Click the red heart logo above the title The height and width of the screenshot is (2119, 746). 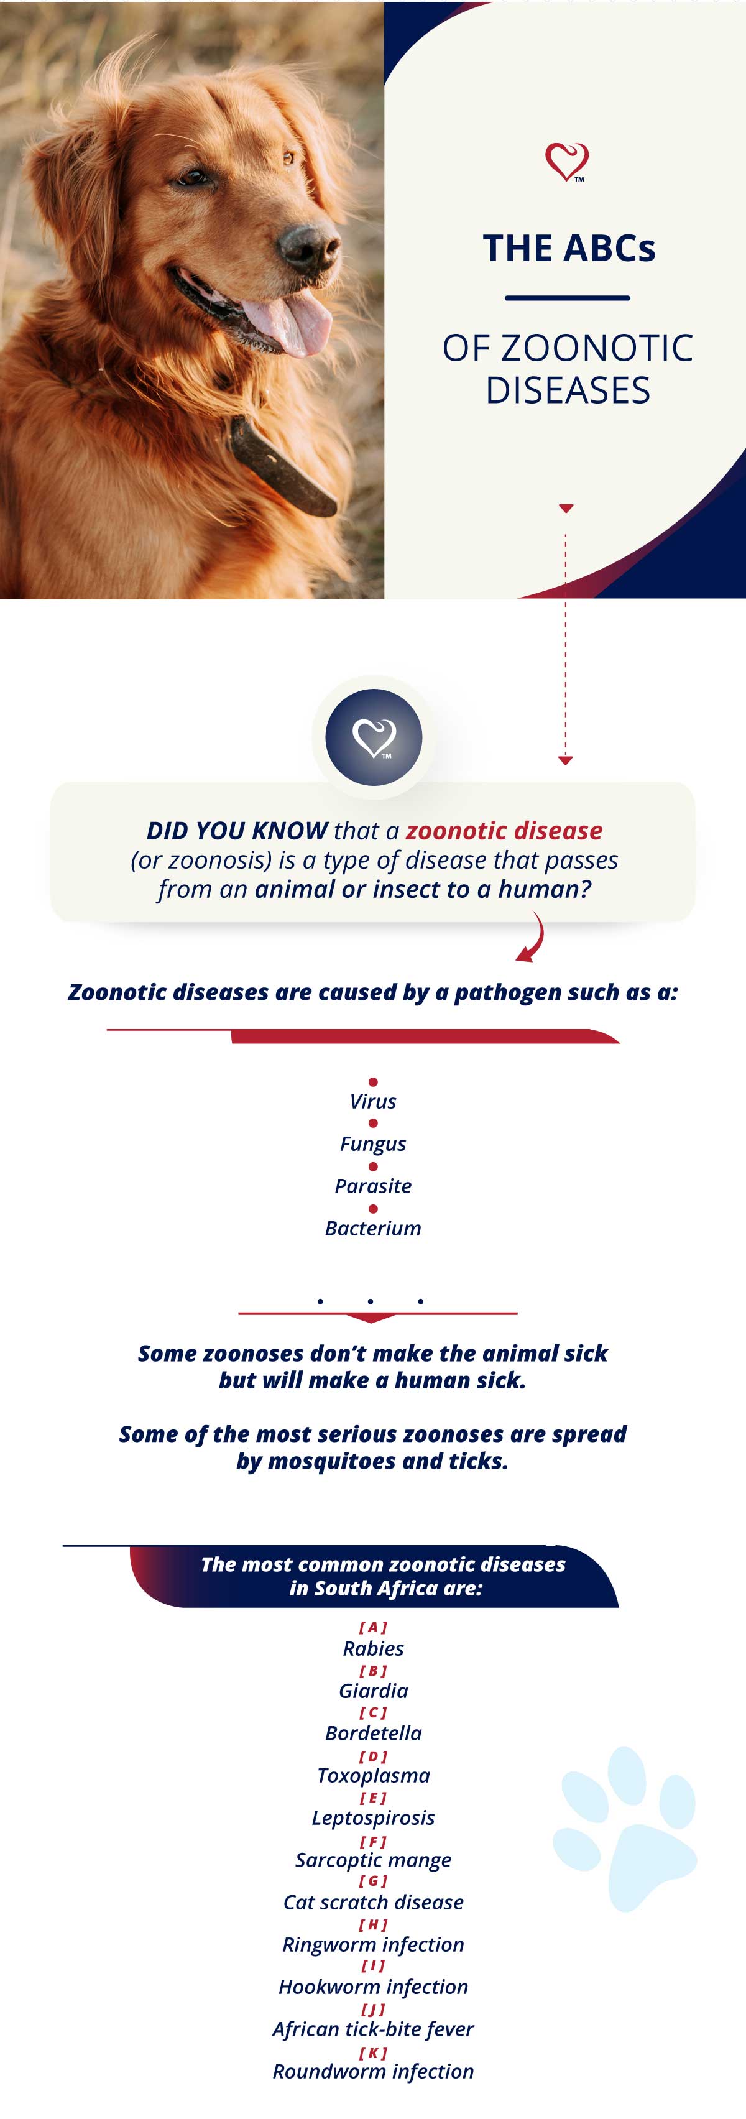tap(567, 161)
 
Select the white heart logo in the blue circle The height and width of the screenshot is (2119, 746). tap(374, 737)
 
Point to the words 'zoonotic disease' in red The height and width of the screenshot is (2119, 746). tap(504, 830)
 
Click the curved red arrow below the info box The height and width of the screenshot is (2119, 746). tap(533, 937)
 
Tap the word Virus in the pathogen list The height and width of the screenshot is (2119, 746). tap(372, 1101)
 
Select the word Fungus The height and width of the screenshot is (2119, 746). tap(372, 1144)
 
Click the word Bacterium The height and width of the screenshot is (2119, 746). tap(372, 1228)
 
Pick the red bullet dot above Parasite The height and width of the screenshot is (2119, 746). tap(372, 1166)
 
